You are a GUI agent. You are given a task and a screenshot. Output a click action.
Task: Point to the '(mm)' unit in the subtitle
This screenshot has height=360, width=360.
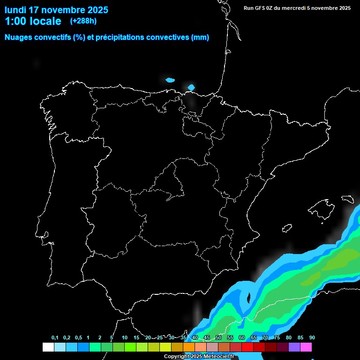[200, 37]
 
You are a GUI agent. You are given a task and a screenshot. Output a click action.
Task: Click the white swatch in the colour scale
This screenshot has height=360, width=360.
[48, 347]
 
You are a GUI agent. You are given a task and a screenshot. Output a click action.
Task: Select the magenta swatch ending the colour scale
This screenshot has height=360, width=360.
[306, 347]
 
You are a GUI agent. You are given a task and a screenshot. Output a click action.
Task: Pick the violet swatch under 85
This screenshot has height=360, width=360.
[294, 347]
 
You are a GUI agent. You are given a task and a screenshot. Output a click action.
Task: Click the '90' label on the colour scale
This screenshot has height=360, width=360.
[312, 338]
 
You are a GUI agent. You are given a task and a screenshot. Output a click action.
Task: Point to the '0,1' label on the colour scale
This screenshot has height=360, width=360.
[55, 338]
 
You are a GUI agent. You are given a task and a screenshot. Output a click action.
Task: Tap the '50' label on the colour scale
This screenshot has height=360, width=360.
[218, 338]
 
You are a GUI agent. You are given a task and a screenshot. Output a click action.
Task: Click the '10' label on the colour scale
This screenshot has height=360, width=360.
[125, 338]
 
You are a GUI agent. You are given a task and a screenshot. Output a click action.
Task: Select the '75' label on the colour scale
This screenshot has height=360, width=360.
[277, 338]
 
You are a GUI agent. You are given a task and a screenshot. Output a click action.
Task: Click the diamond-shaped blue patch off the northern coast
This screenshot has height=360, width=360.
[191, 87]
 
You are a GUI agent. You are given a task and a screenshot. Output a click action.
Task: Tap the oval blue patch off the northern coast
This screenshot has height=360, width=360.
[170, 80]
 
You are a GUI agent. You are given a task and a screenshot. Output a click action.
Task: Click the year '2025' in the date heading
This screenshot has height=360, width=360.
[95, 10]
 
